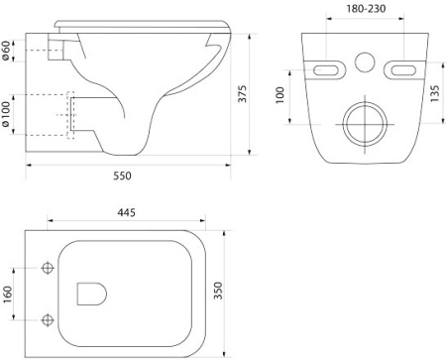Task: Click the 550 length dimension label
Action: coord(122,176)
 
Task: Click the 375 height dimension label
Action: coord(243,94)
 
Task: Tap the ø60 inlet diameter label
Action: coord(6,51)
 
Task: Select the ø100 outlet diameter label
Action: coord(6,114)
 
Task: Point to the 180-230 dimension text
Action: coord(366,9)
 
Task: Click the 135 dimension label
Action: coord(435,93)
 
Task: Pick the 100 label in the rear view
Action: coord(279,95)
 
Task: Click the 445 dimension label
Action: coord(126,212)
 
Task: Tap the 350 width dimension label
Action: coord(218,291)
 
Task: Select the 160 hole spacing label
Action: coord(7,294)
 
